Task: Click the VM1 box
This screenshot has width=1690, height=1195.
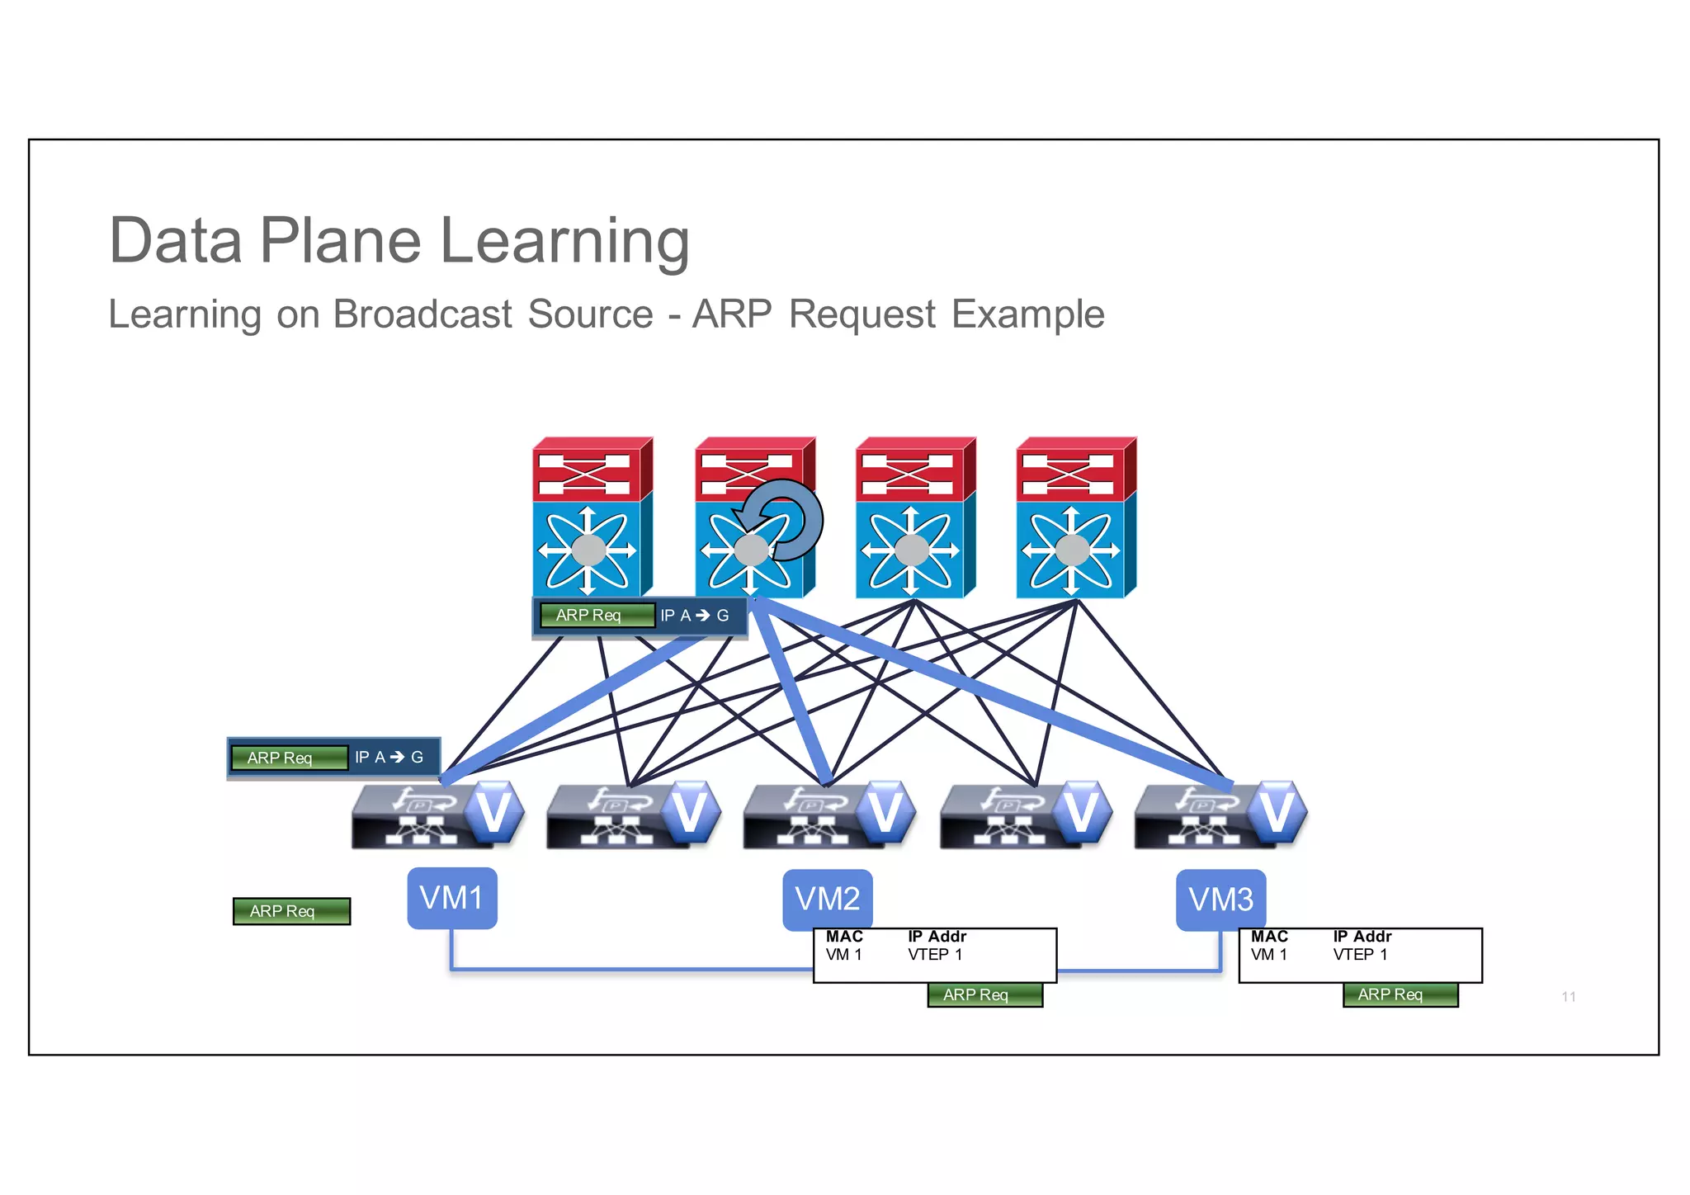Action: (451, 898)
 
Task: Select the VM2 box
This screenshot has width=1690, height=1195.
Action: (827, 899)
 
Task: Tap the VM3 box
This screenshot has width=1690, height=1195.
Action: (1220, 900)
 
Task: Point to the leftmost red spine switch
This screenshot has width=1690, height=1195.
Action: (592, 517)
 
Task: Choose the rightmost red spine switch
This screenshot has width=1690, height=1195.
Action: (1075, 517)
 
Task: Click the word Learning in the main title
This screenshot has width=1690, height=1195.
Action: (564, 241)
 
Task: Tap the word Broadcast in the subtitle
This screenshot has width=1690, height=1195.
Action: (422, 314)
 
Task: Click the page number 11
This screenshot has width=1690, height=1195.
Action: (1568, 997)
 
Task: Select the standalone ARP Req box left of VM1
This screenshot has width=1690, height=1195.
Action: (291, 911)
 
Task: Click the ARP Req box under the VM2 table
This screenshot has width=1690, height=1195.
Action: (984, 995)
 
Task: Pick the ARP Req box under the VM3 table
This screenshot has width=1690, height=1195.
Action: (1400, 995)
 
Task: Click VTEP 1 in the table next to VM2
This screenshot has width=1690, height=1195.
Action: (935, 955)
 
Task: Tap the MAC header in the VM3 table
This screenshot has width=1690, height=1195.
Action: (1268, 937)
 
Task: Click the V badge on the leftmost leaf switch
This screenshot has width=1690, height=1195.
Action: (493, 812)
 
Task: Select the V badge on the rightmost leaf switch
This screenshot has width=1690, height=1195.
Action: (1276, 812)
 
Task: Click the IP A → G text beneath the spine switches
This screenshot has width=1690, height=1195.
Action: (694, 616)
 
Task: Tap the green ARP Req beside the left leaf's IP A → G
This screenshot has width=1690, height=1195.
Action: (289, 758)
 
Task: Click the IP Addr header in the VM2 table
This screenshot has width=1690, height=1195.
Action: (937, 937)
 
